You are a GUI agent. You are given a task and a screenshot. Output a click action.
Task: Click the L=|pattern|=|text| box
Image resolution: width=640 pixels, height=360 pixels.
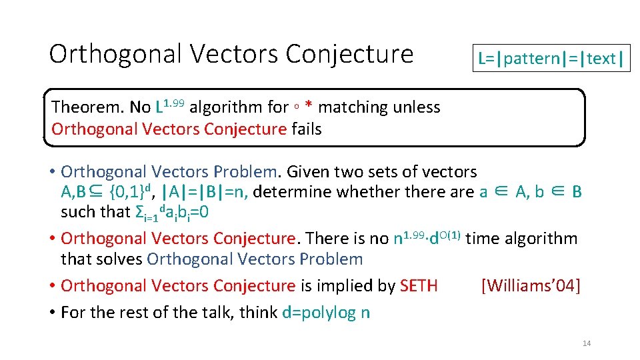[551, 59]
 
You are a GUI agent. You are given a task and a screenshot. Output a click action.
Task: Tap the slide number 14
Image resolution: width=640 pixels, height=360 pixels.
[587, 343]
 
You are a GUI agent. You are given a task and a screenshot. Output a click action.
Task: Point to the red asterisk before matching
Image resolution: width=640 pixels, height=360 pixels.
[309, 107]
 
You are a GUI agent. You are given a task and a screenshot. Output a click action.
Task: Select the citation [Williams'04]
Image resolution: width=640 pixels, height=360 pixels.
[530, 286]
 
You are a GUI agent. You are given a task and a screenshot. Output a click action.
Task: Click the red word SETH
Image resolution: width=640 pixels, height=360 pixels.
[419, 286]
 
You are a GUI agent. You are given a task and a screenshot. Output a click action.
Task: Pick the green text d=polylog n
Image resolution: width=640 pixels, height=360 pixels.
[326, 313]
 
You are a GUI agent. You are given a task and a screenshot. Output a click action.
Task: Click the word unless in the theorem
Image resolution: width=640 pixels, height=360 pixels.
[417, 107]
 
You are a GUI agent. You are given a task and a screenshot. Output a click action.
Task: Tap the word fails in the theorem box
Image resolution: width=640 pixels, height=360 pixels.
[307, 129]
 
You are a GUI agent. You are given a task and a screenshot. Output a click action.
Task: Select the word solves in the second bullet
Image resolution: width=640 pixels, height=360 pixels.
[121, 259]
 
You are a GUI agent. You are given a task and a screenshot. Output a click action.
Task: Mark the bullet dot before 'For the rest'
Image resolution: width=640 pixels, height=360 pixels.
[51, 313]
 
